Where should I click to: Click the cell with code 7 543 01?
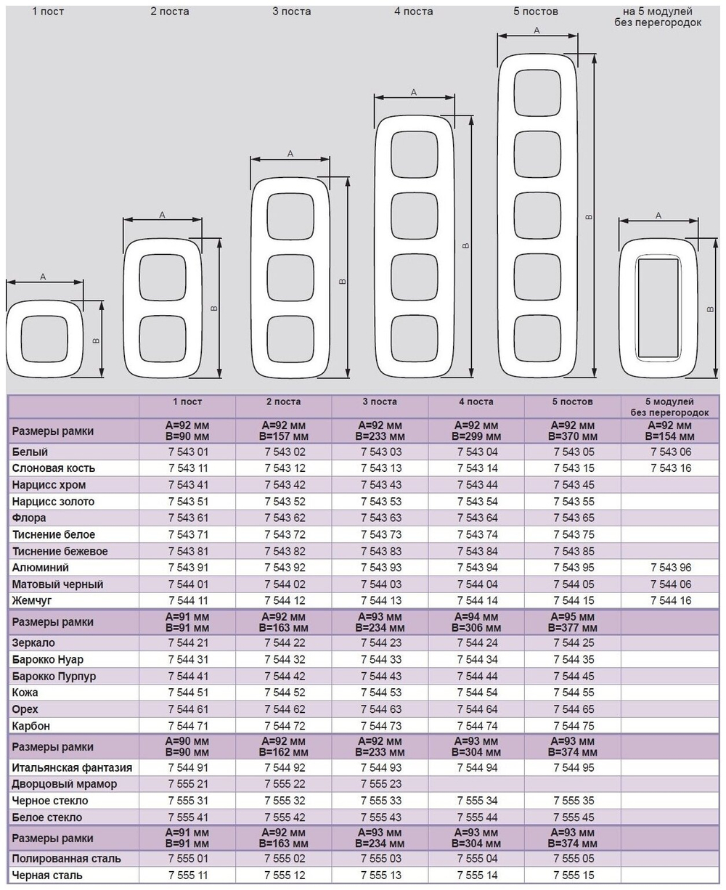188,452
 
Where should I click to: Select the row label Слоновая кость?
54,468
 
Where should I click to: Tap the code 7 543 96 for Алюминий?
671,568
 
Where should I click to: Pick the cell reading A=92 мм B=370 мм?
573,431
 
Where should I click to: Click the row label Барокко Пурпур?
54,676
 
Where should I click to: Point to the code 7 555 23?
380,784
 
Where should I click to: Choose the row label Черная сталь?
47,875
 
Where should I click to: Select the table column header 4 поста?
476,401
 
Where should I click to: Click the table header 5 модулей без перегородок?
670,407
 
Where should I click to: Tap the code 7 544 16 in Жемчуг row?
671,600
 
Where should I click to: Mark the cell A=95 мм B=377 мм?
573,622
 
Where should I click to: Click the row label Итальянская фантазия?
72,767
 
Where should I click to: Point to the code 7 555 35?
574,801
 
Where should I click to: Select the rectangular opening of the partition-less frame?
658,309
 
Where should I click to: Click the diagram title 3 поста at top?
292,12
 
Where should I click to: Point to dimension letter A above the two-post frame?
162,215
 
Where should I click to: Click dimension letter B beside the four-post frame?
465,245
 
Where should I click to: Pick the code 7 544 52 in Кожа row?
285,693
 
